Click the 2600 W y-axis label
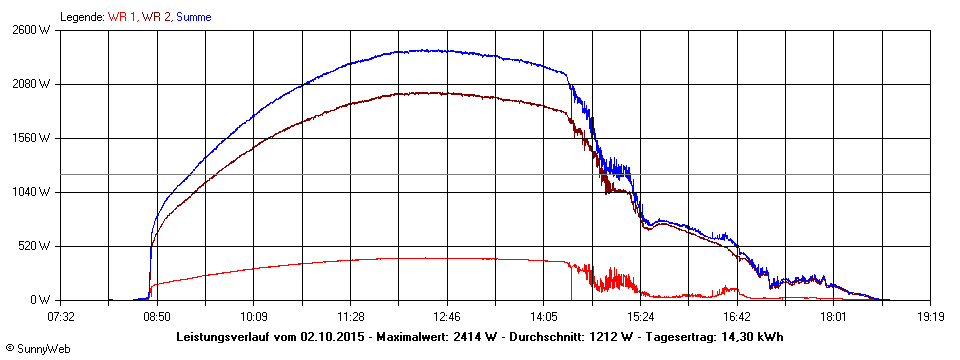click(x=30, y=30)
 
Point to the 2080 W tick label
click(x=30, y=84)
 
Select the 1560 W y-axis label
click(x=30, y=138)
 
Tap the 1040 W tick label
click(x=30, y=192)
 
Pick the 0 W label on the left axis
click(x=40, y=300)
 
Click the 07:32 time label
click(x=61, y=317)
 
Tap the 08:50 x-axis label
click(x=157, y=317)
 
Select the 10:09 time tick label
click(x=254, y=317)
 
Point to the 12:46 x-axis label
click(x=447, y=317)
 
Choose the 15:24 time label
click(x=640, y=317)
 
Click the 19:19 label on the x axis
click(x=930, y=317)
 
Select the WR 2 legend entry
click(x=157, y=17)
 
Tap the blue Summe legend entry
click(x=194, y=17)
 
